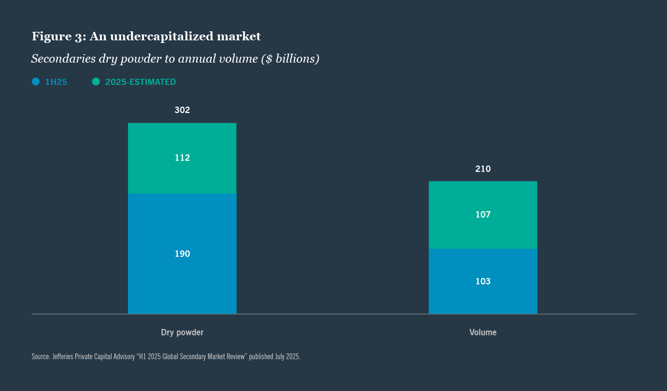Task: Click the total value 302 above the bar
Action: point(182,110)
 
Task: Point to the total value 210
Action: point(483,169)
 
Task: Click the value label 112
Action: point(182,158)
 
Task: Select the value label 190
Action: point(182,254)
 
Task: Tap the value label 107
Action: point(483,215)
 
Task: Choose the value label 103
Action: point(483,282)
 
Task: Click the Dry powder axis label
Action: point(182,333)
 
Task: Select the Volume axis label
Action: point(483,333)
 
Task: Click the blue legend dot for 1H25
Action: point(36,82)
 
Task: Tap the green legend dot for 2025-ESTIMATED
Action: point(96,82)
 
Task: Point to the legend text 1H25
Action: point(56,82)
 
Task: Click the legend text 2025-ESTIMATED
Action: point(140,82)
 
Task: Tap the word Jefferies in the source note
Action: point(63,357)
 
